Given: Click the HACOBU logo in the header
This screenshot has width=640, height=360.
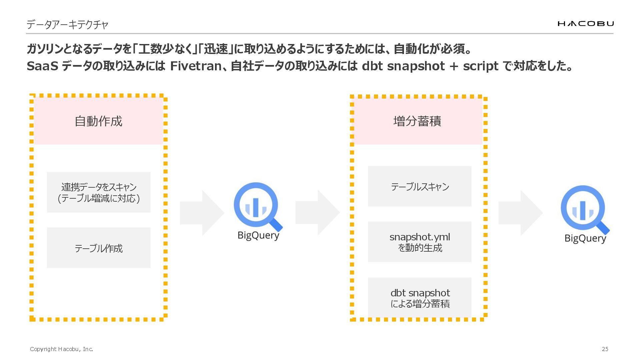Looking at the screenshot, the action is (x=585, y=23).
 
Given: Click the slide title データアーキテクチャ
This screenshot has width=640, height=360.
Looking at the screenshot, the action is (x=67, y=25).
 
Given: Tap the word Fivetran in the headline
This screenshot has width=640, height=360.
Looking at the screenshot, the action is (x=196, y=66).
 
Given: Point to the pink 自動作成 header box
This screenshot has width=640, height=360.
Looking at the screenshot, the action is (x=99, y=121).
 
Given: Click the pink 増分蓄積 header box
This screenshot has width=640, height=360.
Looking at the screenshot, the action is (x=417, y=121).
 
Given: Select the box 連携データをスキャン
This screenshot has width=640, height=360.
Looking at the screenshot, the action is (x=99, y=192).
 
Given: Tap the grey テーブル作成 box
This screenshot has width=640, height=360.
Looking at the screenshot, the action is (x=99, y=248).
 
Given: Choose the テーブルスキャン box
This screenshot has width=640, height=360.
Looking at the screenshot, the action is (x=420, y=186).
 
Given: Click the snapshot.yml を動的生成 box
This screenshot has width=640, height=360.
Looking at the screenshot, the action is (x=420, y=242).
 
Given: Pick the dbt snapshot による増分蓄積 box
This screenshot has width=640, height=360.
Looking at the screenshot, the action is (x=420, y=298).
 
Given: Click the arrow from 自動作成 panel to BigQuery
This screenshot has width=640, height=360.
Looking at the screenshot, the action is (x=202, y=213).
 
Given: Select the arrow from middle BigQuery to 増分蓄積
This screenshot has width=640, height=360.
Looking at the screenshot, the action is (x=317, y=213).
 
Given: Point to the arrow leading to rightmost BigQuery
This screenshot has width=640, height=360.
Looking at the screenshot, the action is (x=520, y=213).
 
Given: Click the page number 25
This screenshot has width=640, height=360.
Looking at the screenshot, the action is (x=605, y=349).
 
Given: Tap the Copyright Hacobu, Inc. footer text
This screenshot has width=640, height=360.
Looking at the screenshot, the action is (x=62, y=349).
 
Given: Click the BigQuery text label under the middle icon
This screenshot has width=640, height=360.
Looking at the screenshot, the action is (x=258, y=235).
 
